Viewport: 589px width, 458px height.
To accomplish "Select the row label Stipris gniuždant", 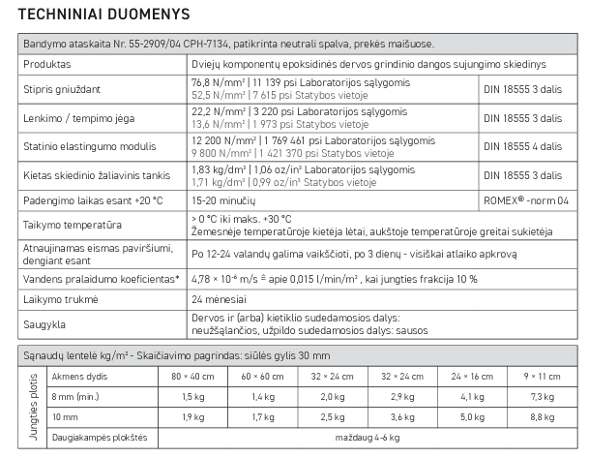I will [x=63, y=91].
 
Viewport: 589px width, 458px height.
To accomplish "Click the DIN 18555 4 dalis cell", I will [x=522, y=147].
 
